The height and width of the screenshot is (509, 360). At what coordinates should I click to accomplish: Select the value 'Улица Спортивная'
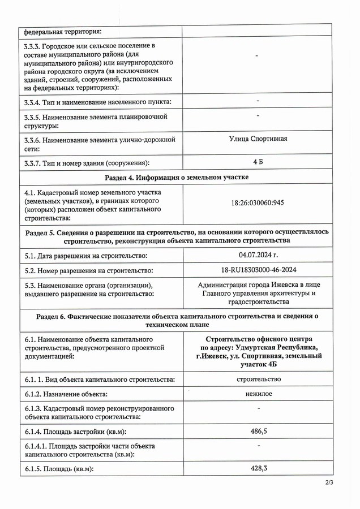point(258,139)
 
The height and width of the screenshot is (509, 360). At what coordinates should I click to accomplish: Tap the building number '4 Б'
point(258,162)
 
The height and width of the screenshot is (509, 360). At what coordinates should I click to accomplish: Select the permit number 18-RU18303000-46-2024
point(258,271)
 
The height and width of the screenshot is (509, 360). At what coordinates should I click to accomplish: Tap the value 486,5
point(258,431)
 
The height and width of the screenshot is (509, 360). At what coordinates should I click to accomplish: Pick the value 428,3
point(258,468)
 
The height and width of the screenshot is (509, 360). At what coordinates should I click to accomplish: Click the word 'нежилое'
point(258,393)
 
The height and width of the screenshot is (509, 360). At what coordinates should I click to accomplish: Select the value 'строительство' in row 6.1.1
point(258,378)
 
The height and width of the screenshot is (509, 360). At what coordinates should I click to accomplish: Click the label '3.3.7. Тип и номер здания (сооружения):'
point(87,163)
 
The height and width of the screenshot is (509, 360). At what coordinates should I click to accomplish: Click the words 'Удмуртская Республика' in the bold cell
point(278,347)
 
